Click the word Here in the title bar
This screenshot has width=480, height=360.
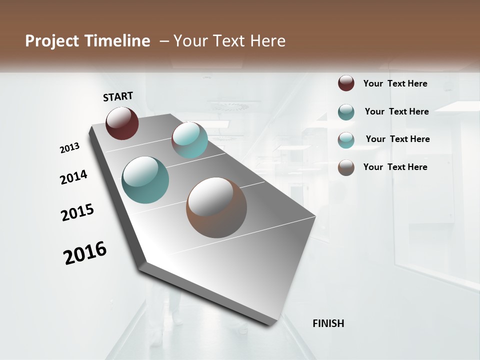click(267, 41)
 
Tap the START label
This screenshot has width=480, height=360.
click(118, 96)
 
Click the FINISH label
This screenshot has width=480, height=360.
click(328, 323)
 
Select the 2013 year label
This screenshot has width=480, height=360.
click(69, 148)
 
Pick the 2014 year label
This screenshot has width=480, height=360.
click(73, 177)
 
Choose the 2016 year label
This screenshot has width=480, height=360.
click(85, 253)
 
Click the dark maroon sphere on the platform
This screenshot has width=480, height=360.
click(122, 123)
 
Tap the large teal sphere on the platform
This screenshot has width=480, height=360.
click(145, 180)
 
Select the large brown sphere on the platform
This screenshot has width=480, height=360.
click(216, 207)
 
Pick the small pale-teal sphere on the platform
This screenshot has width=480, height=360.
click(189, 140)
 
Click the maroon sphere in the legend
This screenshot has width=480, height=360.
click(346, 83)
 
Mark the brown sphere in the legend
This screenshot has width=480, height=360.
click(346, 167)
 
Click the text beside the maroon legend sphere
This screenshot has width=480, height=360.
click(395, 83)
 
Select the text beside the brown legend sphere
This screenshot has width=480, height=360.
click(395, 167)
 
